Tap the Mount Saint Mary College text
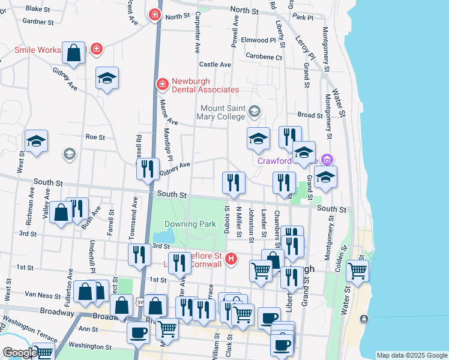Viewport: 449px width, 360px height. pyautogui.click(x=223, y=112)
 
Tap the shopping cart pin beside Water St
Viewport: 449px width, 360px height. pyautogui.click(x=357, y=271)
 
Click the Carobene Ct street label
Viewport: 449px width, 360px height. pyautogui.click(x=264, y=57)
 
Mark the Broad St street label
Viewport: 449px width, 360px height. pyautogui.click(x=310, y=115)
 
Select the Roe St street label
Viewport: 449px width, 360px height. pyautogui.click(x=95, y=137)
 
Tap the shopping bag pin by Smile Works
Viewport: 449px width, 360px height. pyautogui.click(x=73, y=53)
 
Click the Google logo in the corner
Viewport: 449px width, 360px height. pyautogui.click(x=19, y=353)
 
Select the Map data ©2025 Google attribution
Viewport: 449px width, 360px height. pyautogui.click(x=411, y=355)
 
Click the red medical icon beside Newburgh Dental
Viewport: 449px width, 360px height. pyautogui.click(x=161, y=85)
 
